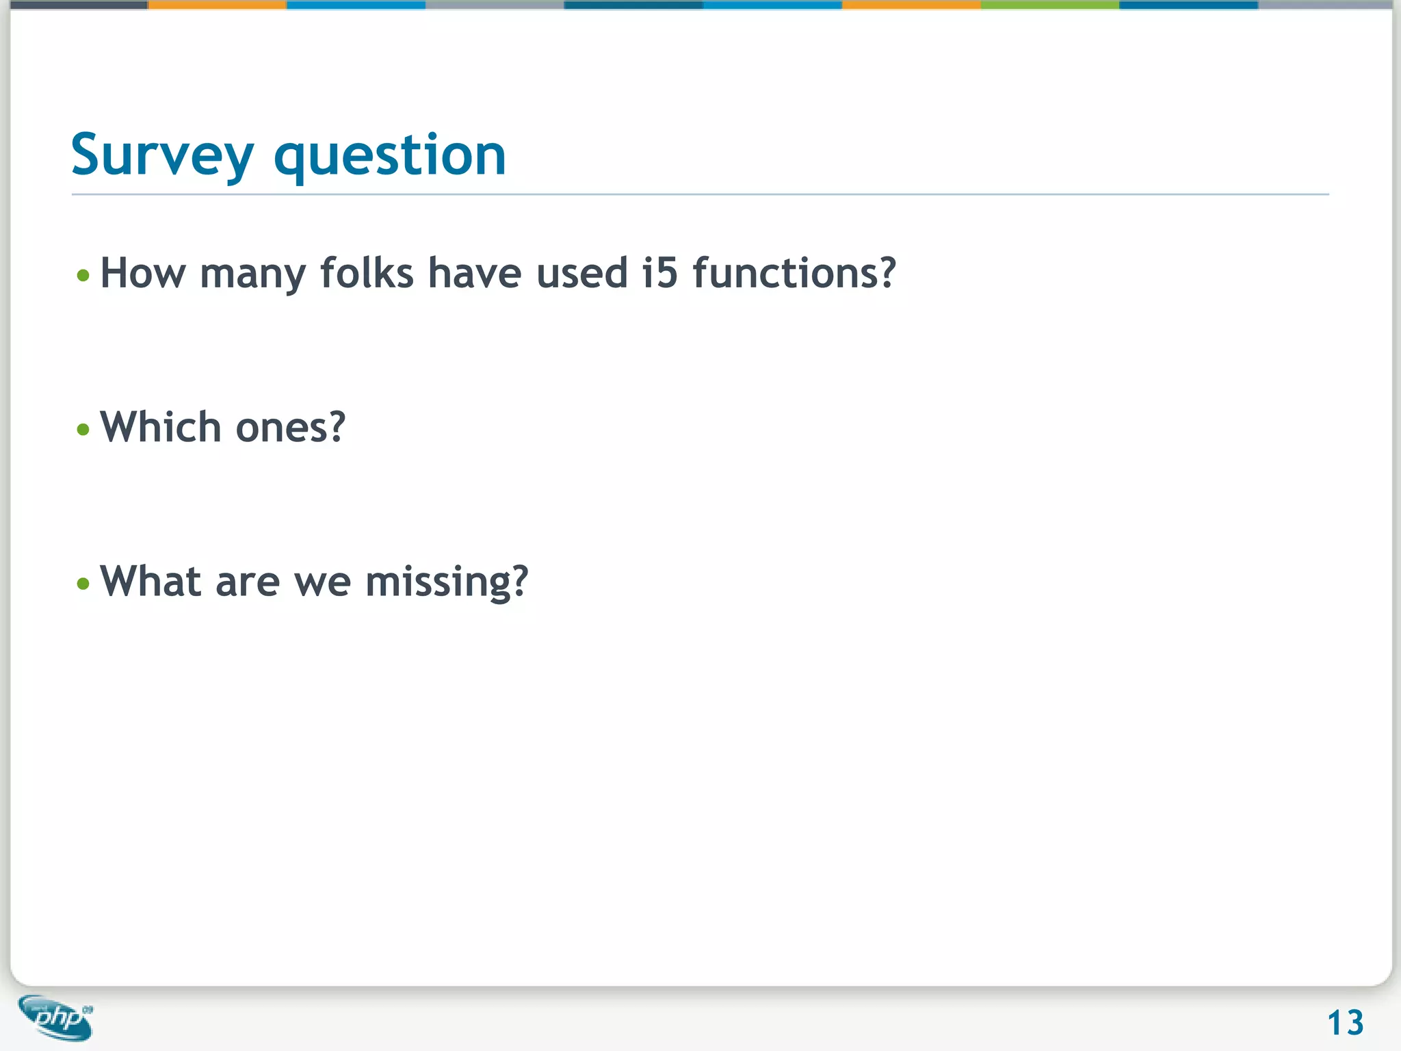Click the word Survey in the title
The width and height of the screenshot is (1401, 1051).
point(162,156)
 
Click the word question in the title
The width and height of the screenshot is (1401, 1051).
point(389,156)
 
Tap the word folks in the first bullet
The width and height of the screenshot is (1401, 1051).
point(367,274)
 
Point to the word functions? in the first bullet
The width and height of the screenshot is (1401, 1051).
point(794,274)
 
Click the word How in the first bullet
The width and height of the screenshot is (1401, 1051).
point(142,274)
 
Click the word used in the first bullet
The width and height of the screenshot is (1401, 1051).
point(581,274)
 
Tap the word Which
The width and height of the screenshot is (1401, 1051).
point(160,428)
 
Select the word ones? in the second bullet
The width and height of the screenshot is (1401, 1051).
point(290,428)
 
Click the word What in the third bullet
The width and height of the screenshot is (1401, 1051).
point(150,582)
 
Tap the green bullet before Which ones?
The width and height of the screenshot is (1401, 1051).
point(83,430)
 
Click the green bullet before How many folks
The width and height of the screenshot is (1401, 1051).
point(83,276)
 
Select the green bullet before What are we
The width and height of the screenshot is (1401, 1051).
point(83,584)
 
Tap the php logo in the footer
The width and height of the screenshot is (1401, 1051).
point(56,1017)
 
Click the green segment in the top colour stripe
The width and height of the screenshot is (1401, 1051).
point(1049,5)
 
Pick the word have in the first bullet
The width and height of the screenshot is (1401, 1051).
point(475,274)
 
